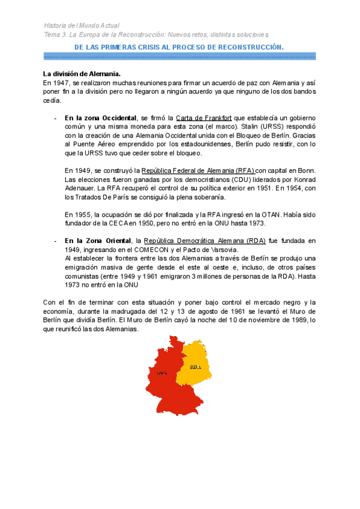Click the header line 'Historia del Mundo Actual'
pyautogui.click(x=82, y=26)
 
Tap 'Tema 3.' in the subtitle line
pyautogui.click(x=56, y=34)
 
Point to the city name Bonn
pyautogui.click(x=307, y=170)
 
